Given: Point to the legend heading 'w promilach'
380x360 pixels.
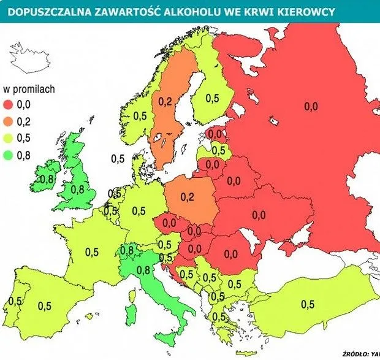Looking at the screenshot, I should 30,89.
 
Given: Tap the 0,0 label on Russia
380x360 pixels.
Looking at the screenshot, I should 311,106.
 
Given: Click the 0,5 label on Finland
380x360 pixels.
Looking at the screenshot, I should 212,98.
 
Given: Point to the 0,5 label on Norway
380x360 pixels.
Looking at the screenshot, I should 140,115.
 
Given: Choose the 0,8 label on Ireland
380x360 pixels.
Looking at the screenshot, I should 47,180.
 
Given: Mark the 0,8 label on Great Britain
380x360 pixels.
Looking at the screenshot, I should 78,190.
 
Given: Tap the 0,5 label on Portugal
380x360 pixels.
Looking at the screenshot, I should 16,301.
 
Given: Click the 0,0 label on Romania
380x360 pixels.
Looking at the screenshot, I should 230,253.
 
